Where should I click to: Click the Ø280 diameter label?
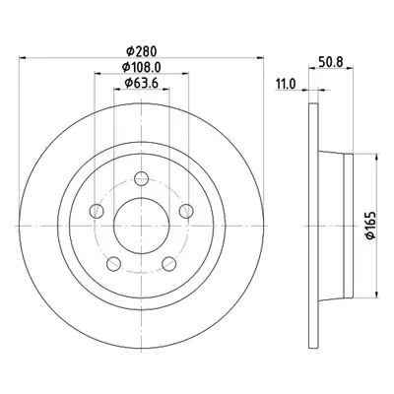[x=142, y=51]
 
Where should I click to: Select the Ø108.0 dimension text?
[x=142, y=67]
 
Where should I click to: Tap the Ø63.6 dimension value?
[x=142, y=83]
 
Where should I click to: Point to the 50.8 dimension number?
[x=331, y=61]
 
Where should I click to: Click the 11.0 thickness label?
[x=286, y=84]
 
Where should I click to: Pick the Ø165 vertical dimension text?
[x=370, y=226]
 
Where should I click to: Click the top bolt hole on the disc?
[x=142, y=178]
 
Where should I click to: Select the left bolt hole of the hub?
[x=97, y=211]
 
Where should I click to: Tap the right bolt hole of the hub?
[x=186, y=211]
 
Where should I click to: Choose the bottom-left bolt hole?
[x=114, y=264]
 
